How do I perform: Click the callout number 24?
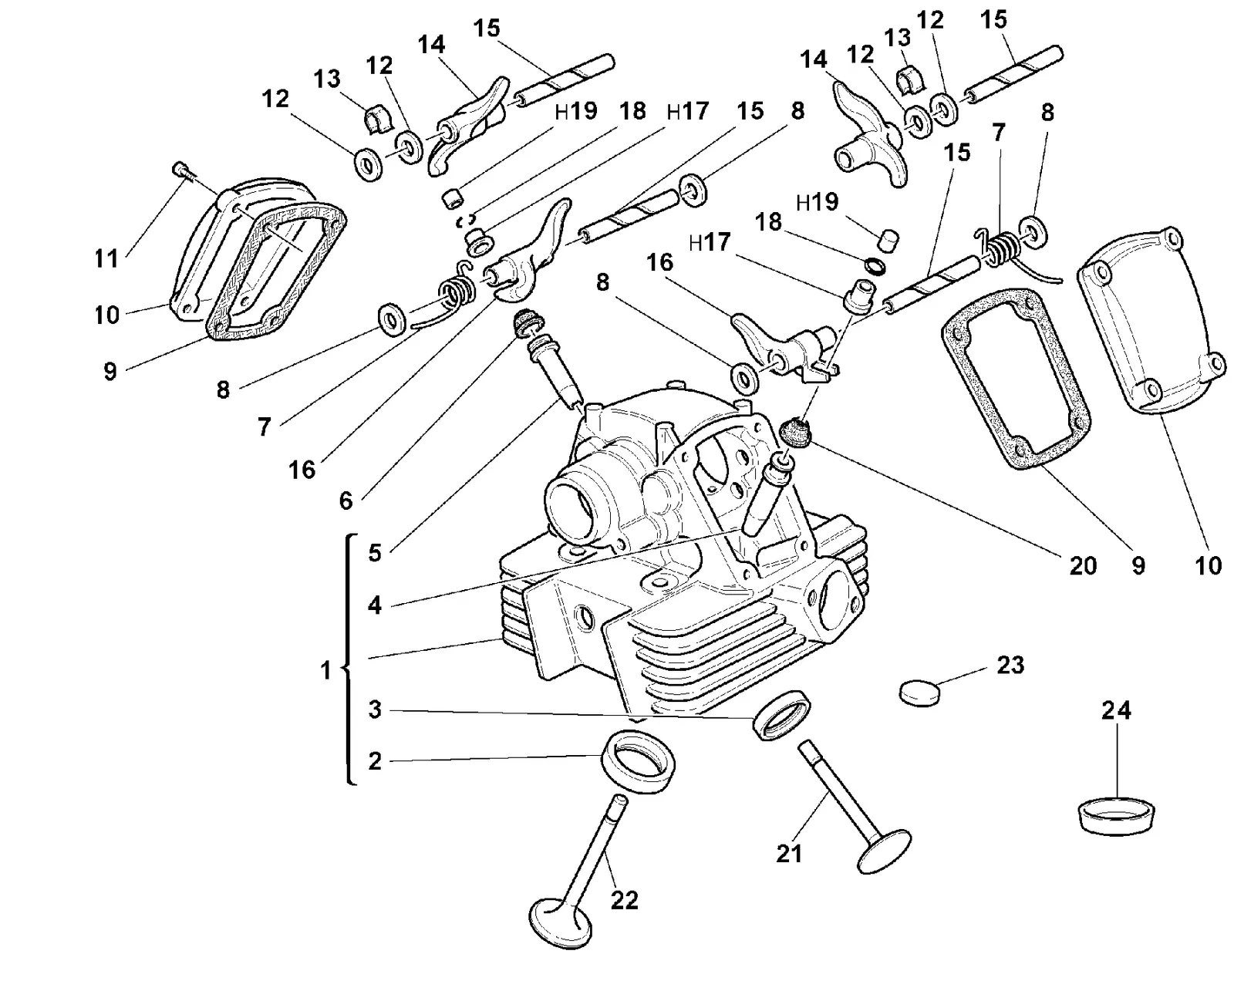pyautogui.click(x=1115, y=710)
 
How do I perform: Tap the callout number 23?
pyautogui.click(x=1010, y=665)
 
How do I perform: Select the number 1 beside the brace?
pyautogui.click(x=325, y=669)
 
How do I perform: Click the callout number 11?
pyautogui.click(x=106, y=258)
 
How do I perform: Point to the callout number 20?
pyautogui.click(x=1083, y=566)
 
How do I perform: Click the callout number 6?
pyautogui.click(x=346, y=501)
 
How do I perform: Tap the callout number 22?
pyautogui.click(x=625, y=900)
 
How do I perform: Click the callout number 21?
pyautogui.click(x=789, y=855)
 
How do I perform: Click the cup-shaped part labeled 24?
pyautogui.click(x=1116, y=815)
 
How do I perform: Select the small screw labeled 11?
pyautogui.click(x=180, y=170)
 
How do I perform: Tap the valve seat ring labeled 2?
pyautogui.click(x=639, y=761)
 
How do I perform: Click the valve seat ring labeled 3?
pyautogui.click(x=781, y=715)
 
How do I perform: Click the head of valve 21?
pyautogui.click(x=884, y=851)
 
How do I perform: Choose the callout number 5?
pyautogui.click(x=375, y=553)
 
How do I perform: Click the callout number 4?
pyautogui.click(x=375, y=605)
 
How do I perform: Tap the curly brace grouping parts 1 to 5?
pyautogui.click(x=348, y=659)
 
